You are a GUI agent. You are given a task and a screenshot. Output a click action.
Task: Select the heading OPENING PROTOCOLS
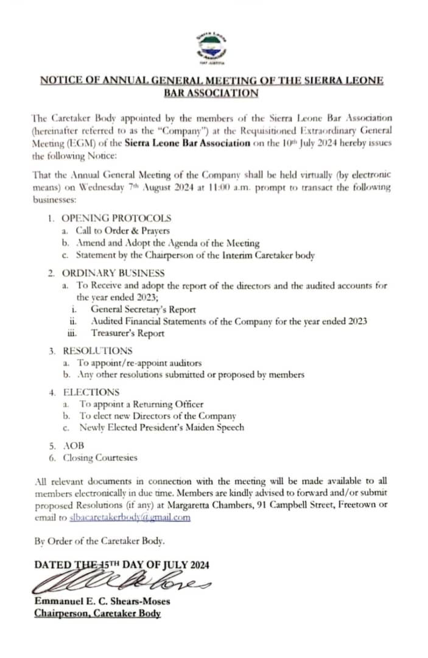pos(116,218)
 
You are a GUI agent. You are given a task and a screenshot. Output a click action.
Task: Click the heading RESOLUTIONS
pos(97,351)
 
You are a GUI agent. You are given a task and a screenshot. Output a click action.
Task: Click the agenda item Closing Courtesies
pos(100,458)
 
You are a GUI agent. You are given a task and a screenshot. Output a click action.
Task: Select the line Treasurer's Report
pos(127,333)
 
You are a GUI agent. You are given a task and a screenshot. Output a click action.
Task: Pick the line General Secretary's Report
pos(143,310)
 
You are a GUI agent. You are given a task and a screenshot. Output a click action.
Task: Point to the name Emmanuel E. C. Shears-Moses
pos(102,602)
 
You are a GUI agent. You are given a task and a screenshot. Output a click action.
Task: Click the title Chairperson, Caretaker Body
pos(97,614)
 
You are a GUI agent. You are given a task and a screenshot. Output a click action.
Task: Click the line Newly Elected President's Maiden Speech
pos(161,428)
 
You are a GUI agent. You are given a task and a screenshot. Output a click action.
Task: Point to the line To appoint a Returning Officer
pos(141,404)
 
